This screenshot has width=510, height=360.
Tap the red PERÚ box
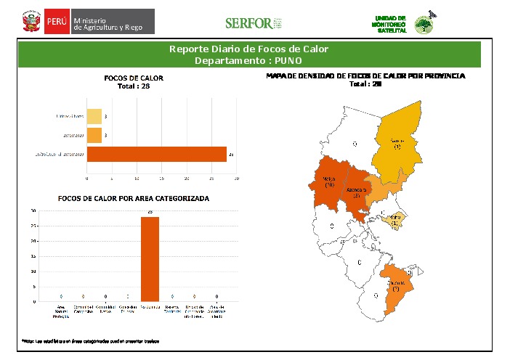[56, 22]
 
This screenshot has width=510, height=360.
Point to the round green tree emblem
[423, 25]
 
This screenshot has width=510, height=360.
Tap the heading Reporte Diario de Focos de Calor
[249, 49]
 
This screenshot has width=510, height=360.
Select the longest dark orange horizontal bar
[156, 154]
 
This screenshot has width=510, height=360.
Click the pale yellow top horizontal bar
[94, 116]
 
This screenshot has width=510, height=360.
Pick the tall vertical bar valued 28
[150, 258]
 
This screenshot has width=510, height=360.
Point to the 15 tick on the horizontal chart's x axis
[162, 178]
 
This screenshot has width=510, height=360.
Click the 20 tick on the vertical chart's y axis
[33, 240]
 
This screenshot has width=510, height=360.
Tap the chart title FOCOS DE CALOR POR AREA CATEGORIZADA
[133, 198]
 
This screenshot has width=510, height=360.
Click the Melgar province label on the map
[329, 182]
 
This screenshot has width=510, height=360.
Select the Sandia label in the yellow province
[397, 143]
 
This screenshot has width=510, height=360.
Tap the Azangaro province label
[357, 192]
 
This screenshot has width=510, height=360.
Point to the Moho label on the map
[394, 219]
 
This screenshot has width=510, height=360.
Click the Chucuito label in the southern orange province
[397, 285]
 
